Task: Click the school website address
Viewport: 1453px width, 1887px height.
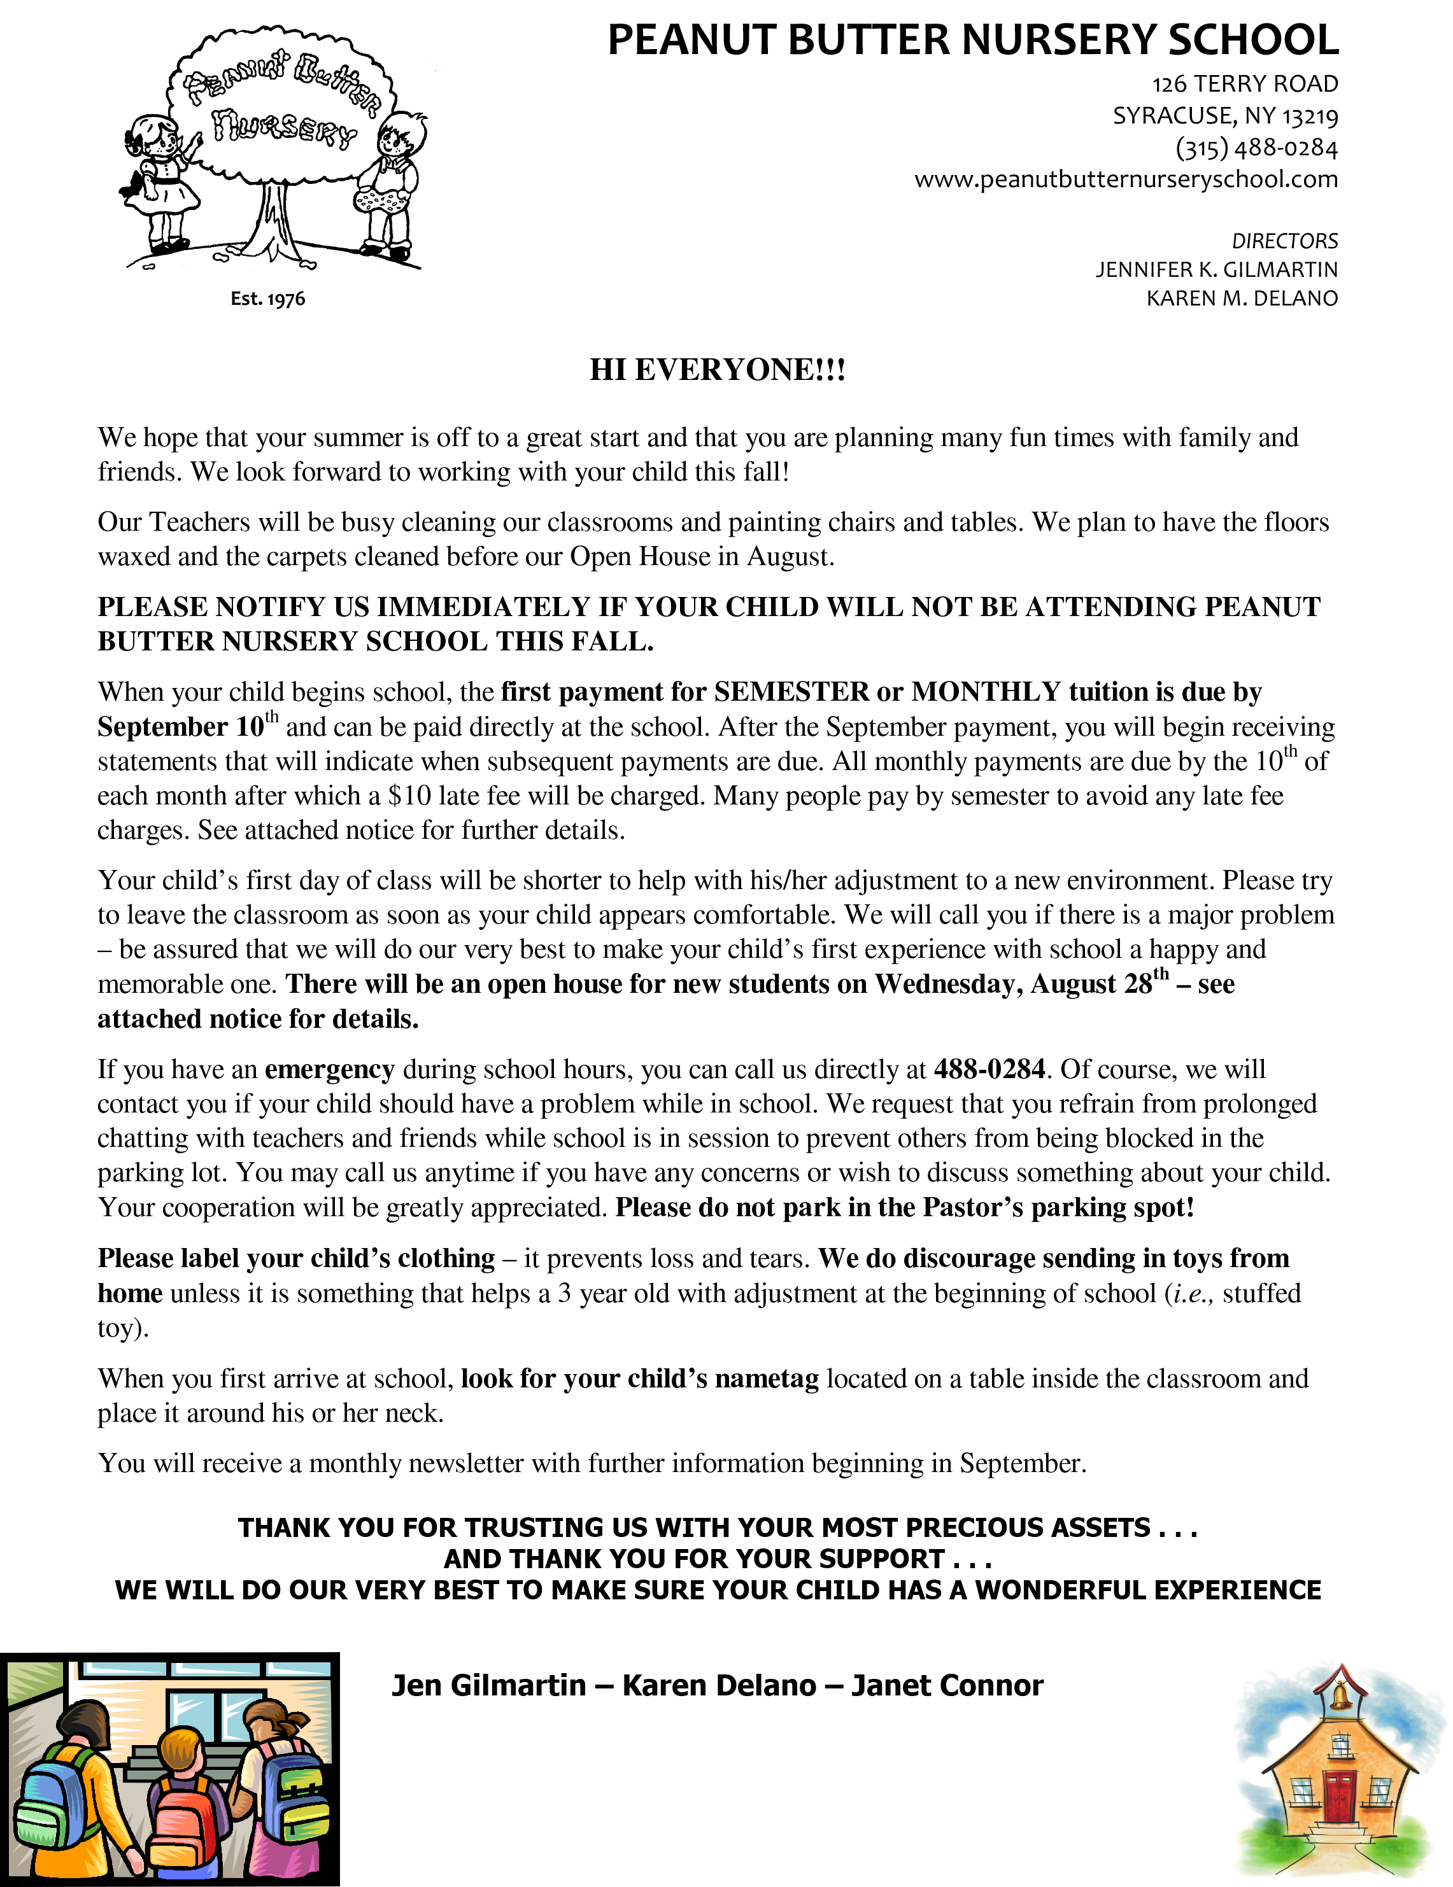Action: (x=1125, y=179)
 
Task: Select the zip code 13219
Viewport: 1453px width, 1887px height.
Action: (x=1310, y=116)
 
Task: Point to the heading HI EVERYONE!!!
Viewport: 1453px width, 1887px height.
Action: (x=718, y=370)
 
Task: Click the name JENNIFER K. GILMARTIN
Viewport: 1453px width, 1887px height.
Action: (x=1216, y=270)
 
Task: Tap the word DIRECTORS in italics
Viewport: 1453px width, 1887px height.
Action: (x=1284, y=241)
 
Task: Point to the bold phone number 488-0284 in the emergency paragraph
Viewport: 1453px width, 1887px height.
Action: (x=989, y=1070)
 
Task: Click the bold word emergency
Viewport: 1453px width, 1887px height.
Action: (x=329, y=1070)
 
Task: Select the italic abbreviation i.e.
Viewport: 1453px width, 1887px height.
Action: (x=1192, y=1293)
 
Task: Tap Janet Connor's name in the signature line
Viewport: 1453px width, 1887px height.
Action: (x=947, y=1686)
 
